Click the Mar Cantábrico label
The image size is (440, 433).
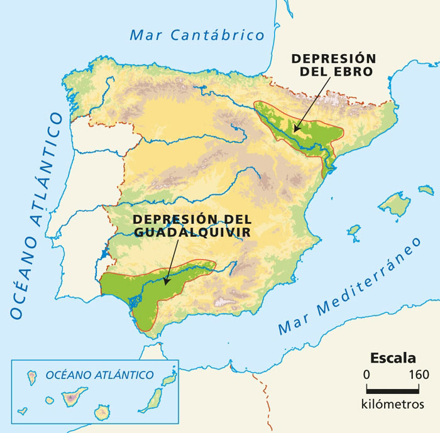[197, 34]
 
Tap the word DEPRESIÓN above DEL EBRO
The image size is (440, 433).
[333, 58]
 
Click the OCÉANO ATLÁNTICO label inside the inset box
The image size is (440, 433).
[99, 375]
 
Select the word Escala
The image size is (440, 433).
[392, 359]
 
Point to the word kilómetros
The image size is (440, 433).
[392, 403]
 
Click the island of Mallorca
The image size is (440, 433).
[395, 204]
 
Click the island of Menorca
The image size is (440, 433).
[426, 189]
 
